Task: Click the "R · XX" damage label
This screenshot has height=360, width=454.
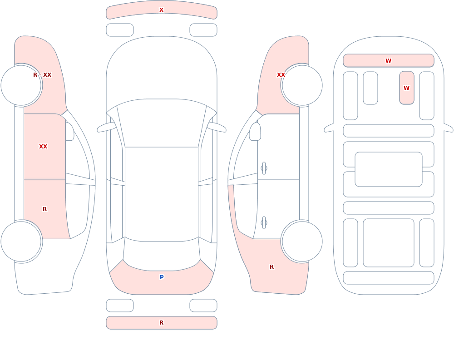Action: tap(42, 75)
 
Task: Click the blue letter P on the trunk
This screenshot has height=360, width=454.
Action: tap(162, 277)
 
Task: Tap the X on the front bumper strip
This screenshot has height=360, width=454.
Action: tap(162, 10)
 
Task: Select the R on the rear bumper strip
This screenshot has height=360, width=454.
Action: tap(162, 323)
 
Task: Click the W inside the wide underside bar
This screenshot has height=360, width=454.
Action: tap(388, 60)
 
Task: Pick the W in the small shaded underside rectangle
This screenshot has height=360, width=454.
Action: tap(406, 88)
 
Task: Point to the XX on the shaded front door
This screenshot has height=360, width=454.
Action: tap(43, 147)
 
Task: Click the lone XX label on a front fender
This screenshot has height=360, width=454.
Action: tap(281, 75)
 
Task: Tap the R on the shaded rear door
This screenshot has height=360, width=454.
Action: tap(44, 209)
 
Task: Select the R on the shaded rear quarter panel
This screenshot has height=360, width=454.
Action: tap(271, 267)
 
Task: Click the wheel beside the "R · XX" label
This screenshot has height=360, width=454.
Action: tap(21, 85)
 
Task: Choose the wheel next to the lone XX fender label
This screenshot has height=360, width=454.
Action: tap(302, 85)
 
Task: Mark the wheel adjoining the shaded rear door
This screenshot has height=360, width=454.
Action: tap(21, 241)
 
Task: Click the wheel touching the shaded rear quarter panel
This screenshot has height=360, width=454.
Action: tap(302, 241)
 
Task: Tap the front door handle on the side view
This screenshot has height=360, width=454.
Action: tap(264, 168)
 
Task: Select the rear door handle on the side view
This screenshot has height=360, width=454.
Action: tap(264, 223)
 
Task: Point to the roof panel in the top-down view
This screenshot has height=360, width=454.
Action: tap(162, 194)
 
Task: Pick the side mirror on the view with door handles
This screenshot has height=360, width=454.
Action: tap(255, 132)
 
